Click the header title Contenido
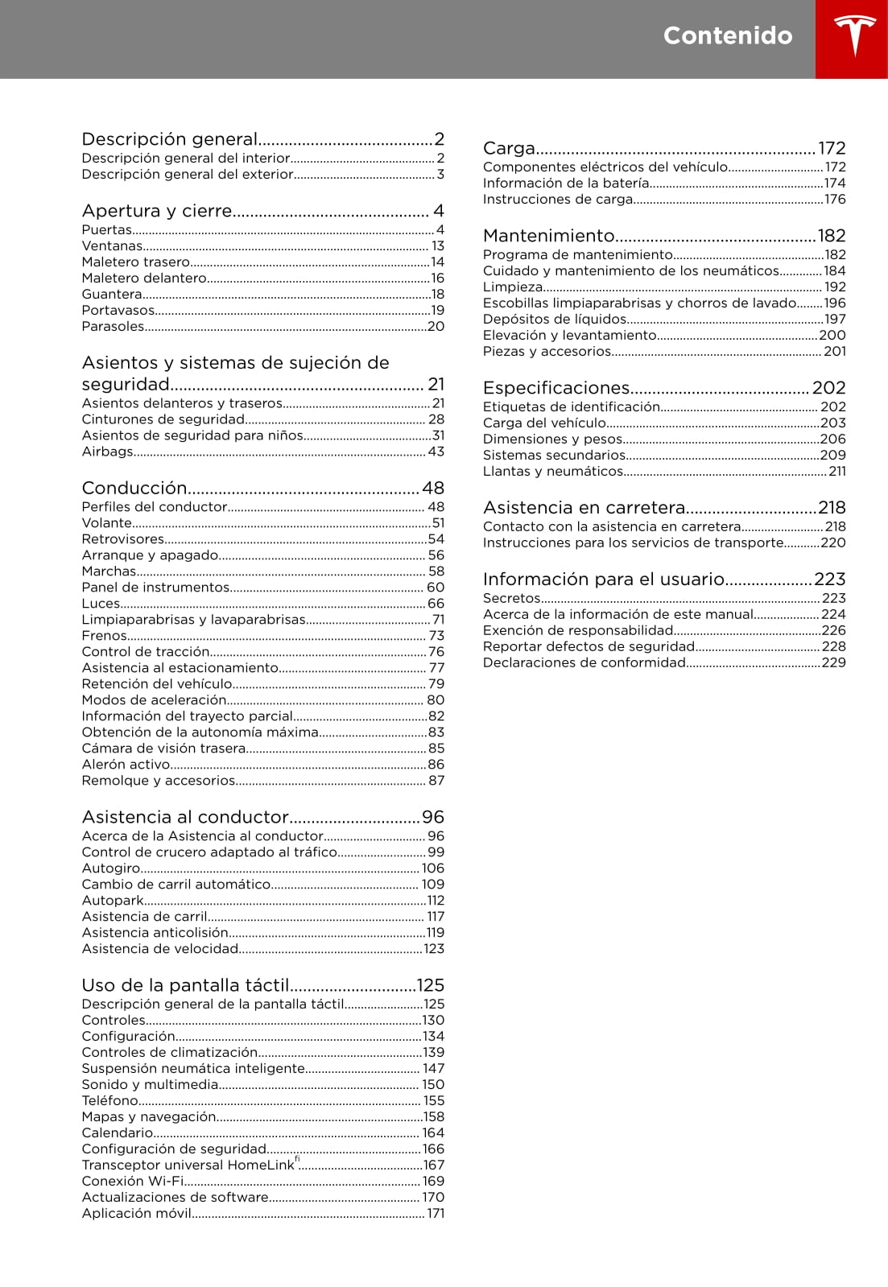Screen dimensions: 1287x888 click(x=727, y=35)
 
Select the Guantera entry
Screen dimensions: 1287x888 click(x=112, y=295)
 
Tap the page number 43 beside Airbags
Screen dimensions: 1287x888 click(x=436, y=452)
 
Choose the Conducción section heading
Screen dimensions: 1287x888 click(x=134, y=488)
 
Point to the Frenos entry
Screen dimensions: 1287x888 click(x=105, y=636)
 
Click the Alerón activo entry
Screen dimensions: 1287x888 click(x=126, y=765)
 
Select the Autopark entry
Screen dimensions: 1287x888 click(x=113, y=901)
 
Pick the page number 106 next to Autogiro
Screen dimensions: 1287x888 click(x=433, y=868)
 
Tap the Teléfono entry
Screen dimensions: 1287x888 click(x=110, y=1100)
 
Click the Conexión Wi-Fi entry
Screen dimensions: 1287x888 click(x=133, y=1181)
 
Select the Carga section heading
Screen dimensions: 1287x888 click(x=509, y=148)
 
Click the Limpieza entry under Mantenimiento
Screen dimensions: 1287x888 click(x=513, y=287)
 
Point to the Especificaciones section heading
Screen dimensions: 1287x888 click(x=556, y=388)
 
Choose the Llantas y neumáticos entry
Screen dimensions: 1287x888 click(x=553, y=472)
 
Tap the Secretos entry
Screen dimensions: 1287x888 click(x=512, y=598)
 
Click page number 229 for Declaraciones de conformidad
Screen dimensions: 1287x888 click(x=833, y=662)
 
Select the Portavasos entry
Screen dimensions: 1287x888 click(x=118, y=311)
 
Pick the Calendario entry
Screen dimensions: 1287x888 click(x=118, y=1132)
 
